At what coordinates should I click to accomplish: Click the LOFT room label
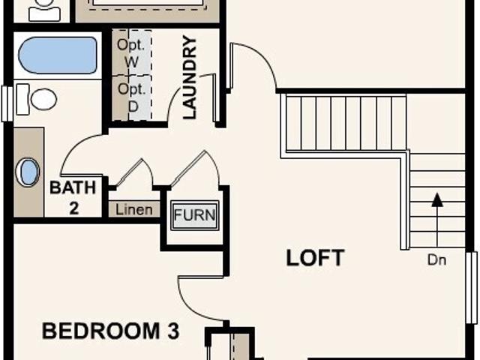click(x=315, y=258)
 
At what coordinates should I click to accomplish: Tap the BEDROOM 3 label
click(x=110, y=331)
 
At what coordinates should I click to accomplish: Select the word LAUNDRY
click(x=190, y=77)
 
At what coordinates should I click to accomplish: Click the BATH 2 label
click(x=73, y=198)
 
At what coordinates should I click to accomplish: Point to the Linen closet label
click(x=134, y=210)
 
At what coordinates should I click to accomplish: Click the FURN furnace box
click(x=195, y=215)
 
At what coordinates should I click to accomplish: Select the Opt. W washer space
click(x=132, y=52)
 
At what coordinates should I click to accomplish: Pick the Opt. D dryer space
click(x=132, y=98)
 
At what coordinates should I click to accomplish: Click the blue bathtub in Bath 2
click(x=58, y=55)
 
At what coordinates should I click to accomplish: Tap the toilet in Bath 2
click(x=37, y=99)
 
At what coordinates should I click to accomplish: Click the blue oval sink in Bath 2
click(x=28, y=172)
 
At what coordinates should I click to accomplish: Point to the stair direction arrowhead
click(x=438, y=199)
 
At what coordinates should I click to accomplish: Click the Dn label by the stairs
click(x=436, y=260)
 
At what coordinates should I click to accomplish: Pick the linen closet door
click(x=128, y=172)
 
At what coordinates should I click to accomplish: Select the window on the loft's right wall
click(x=472, y=287)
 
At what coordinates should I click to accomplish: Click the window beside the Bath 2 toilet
click(x=7, y=103)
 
